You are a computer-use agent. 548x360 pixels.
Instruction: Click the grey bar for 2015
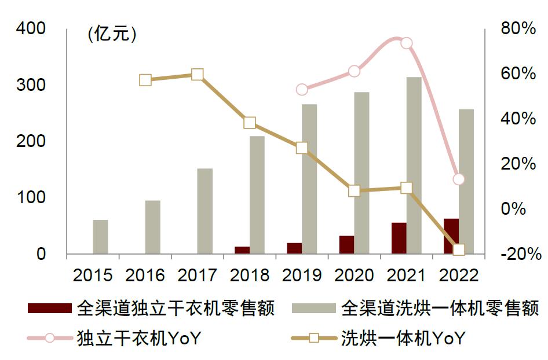point(100,237)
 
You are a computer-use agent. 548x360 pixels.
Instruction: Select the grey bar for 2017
point(204,211)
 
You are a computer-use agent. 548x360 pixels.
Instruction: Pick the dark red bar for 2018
point(242,250)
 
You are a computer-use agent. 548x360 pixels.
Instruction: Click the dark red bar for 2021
point(399,238)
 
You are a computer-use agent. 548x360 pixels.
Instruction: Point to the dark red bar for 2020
point(346,244)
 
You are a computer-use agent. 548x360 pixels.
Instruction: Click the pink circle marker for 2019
point(302,89)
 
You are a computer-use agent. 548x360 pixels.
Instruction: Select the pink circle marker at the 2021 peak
point(407,43)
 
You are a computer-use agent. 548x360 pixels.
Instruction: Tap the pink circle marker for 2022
point(459,179)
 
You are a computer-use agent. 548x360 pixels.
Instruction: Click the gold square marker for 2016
point(145,80)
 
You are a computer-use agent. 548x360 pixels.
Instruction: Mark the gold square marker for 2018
point(250,123)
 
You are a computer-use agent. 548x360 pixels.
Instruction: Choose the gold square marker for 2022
point(459,250)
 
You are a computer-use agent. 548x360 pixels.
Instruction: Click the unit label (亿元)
point(112,34)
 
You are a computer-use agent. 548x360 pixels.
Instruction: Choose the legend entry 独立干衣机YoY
point(138,338)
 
